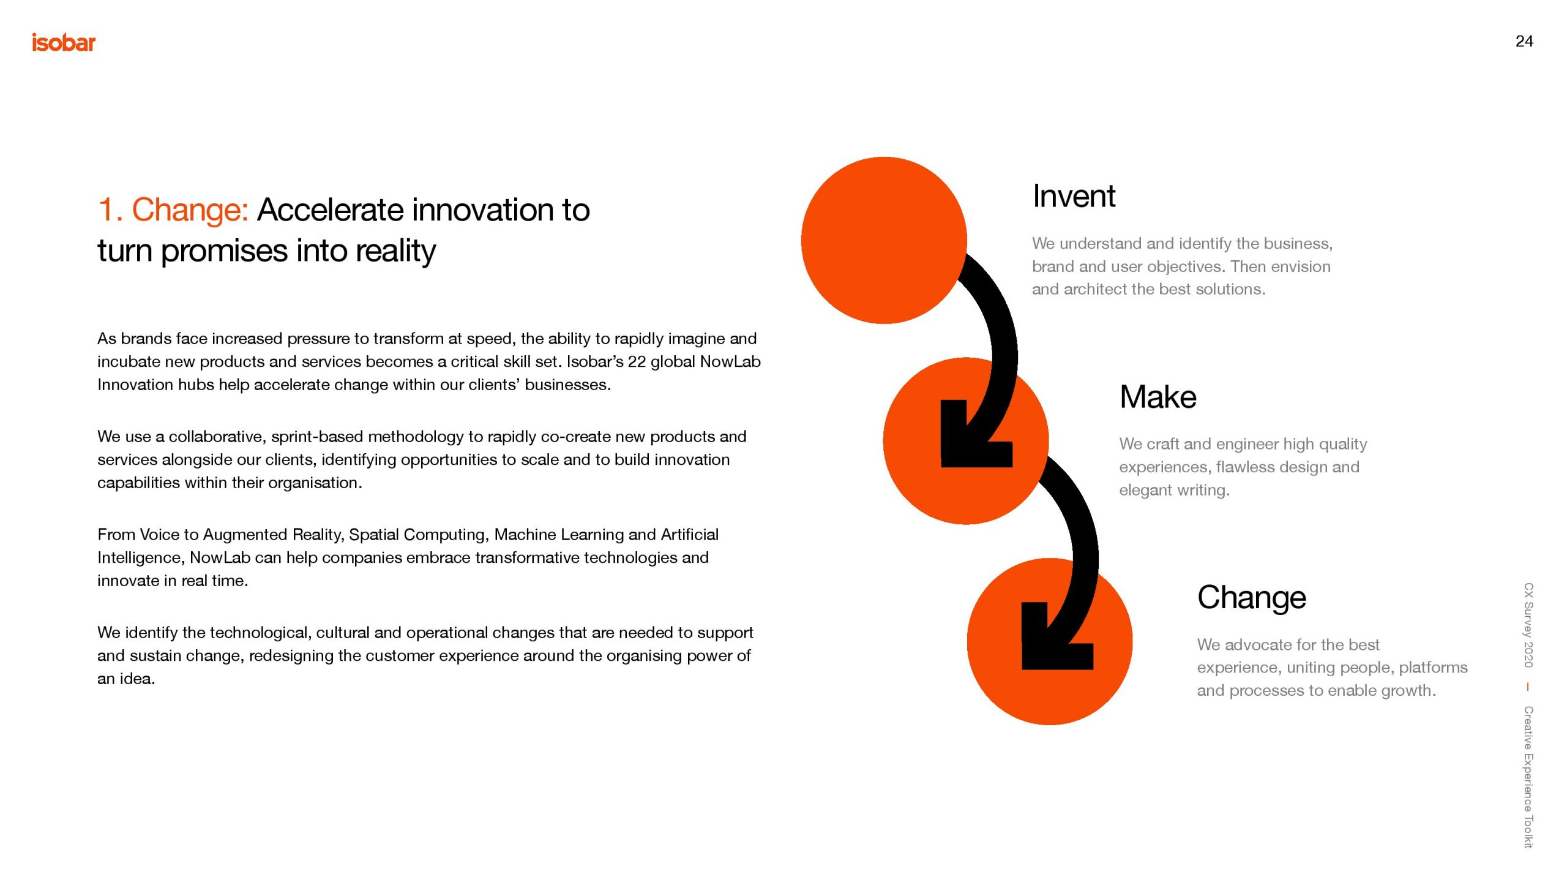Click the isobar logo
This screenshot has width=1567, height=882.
64,42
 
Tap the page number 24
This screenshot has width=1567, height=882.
1524,41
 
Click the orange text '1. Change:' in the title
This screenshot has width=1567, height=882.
173,210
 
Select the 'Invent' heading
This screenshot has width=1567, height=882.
1074,196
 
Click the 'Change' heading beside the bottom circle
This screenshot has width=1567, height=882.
1252,597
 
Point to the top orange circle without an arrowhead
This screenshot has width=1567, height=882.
884,240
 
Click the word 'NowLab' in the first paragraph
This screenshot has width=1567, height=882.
730,361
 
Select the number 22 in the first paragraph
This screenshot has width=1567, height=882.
637,361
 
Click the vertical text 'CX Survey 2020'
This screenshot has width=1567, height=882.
1528,625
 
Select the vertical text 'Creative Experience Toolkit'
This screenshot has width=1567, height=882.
1528,777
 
